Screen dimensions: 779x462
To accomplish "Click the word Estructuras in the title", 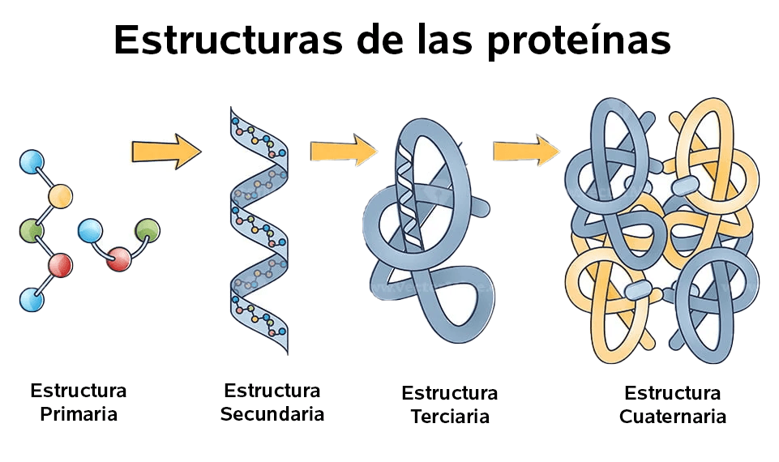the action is click(229, 40).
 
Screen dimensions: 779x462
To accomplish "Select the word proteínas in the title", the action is click(579, 41).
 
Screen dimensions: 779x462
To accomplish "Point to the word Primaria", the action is click(79, 414).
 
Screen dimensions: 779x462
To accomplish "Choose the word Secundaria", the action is click(272, 414).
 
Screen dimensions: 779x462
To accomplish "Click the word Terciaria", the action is click(450, 417).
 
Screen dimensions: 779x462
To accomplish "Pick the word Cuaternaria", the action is click(673, 417).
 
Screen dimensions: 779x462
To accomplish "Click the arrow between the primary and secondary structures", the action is click(166, 152).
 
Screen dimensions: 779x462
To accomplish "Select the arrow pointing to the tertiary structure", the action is click(344, 150).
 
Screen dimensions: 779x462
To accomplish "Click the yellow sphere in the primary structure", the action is click(60, 196).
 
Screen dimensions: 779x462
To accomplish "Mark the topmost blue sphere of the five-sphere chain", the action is click(32, 162).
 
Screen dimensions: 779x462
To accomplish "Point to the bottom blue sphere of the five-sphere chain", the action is click(32, 300).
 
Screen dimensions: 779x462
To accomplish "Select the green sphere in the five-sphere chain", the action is click(32, 230).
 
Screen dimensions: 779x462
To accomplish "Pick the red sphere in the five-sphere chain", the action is click(60, 265).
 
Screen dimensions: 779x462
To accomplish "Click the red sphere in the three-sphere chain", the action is click(119, 259).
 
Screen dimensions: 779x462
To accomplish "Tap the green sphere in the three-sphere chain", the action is click(148, 231).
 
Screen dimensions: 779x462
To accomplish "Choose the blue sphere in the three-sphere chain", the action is click(91, 231).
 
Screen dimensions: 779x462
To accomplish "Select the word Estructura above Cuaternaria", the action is click(673, 393).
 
